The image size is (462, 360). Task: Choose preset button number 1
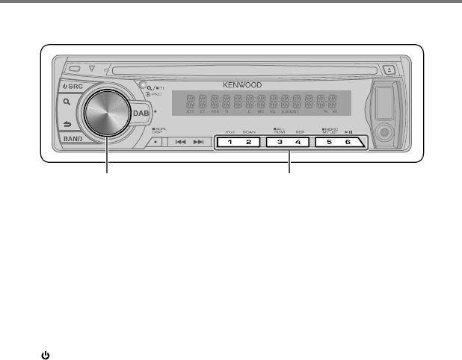click(x=230, y=141)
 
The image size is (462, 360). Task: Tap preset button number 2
click(x=250, y=141)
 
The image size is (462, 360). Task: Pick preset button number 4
click(x=299, y=141)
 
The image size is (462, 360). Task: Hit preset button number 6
click(x=348, y=141)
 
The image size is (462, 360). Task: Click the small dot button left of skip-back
click(x=153, y=140)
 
